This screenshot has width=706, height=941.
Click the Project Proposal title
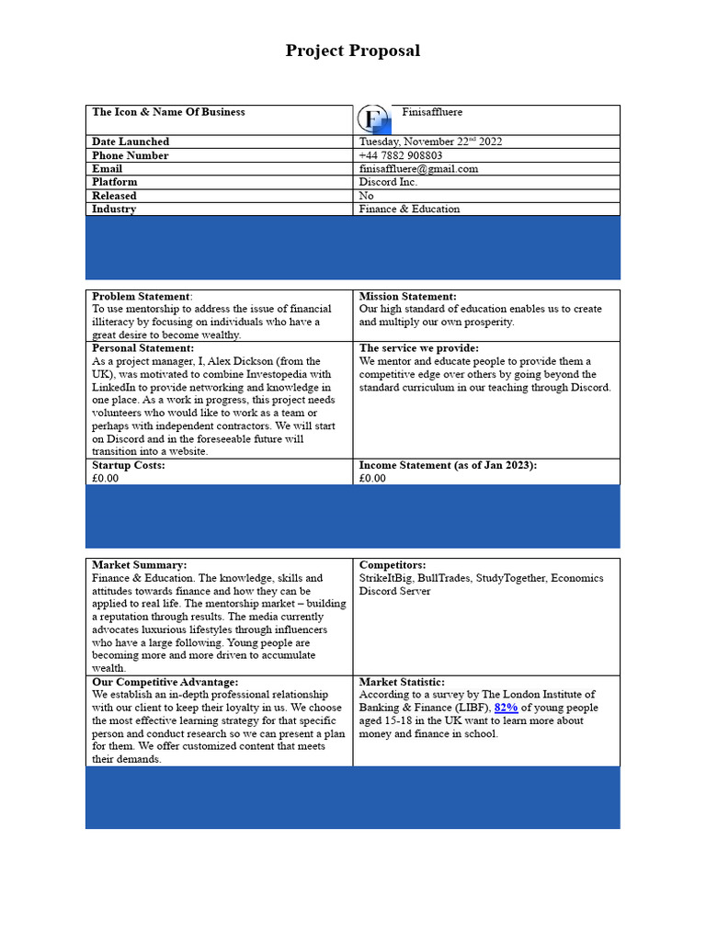point(352,51)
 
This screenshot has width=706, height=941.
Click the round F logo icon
point(372,119)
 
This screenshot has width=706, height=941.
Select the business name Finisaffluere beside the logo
point(432,112)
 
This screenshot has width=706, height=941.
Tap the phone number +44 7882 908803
point(400,155)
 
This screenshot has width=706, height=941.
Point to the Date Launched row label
point(131,142)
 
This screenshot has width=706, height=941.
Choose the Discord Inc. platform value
point(388,182)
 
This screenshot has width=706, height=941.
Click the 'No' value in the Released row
point(366,196)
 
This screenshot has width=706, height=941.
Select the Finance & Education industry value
point(409,209)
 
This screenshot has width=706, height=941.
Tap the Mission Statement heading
point(407,297)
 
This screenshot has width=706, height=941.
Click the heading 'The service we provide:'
point(418,348)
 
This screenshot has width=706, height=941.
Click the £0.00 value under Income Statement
point(372,478)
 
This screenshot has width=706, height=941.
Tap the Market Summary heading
point(139,564)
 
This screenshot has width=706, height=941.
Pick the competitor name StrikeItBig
point(385,578)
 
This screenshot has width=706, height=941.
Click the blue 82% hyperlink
point(507,708)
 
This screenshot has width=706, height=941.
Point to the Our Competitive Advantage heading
point(165,682)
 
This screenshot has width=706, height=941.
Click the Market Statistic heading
point(402,682)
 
